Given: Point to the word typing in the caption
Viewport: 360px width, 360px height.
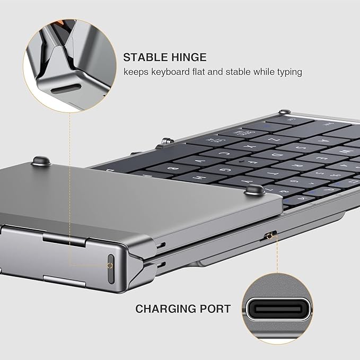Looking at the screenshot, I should (287, 72).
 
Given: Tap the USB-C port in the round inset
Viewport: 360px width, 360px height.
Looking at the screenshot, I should (278, 309).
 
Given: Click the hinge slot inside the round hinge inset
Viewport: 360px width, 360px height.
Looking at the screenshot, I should (66, 88).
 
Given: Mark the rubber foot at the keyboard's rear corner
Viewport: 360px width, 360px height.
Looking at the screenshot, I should (285, 112).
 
